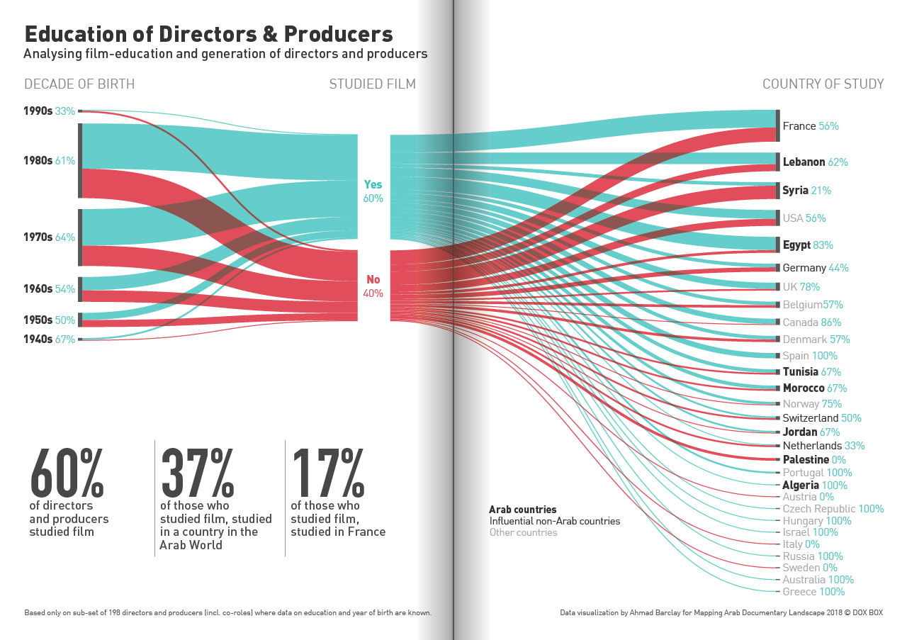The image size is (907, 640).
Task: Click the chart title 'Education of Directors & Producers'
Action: (209, 34)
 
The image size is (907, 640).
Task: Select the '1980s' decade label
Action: (37, 161)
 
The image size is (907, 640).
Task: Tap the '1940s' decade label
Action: (37, 339)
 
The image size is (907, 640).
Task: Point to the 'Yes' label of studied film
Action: (373, 185)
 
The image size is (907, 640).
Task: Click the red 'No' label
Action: (373, 280)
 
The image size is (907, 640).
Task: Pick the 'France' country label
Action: (799, 126)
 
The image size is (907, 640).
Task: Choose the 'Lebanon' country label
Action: (804, 162)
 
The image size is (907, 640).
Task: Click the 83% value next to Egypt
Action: (823, 245)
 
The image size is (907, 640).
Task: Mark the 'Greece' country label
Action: (799, 592)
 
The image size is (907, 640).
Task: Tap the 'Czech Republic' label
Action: (818, 509)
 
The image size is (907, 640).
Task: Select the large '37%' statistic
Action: (198, 473)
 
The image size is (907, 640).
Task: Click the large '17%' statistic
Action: (328, 473)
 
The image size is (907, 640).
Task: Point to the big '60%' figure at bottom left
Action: (67, 473)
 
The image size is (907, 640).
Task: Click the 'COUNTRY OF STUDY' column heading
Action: (823, 84)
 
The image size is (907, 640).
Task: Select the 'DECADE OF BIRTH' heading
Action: (79, 84)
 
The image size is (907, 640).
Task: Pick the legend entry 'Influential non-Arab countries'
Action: (554, 521)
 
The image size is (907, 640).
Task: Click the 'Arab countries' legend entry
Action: (522, 510)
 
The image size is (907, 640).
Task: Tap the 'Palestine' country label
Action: (806, 460)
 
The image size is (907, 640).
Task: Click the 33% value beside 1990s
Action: (64, 111)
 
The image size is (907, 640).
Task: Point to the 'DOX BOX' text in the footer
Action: (867, 612)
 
